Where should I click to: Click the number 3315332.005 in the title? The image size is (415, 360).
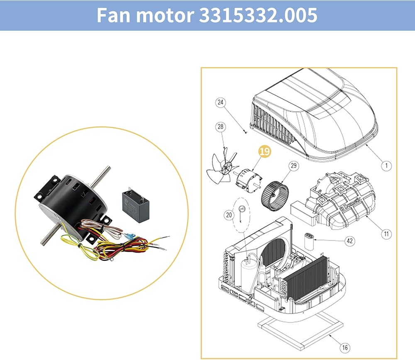(258, 15)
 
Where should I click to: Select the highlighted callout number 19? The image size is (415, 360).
(264, 151)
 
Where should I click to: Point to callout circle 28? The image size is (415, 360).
(220, 126)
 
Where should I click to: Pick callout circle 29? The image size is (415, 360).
(293, 166)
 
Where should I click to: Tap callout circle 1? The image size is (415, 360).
(386, 165)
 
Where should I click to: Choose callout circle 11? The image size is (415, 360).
(386, 234)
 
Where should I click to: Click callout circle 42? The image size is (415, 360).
(350, 241)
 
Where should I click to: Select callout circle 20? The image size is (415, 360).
(229, 215)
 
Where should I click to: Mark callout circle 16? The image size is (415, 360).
(344, 347)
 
